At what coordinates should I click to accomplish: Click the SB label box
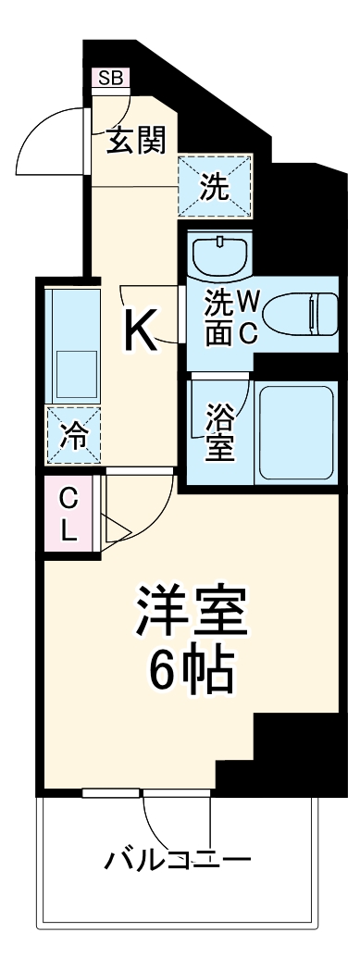[109, 79]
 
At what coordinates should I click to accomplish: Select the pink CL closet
[68, 516]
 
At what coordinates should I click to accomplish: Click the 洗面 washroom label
[217, 317]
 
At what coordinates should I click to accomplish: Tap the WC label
[247, 317]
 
